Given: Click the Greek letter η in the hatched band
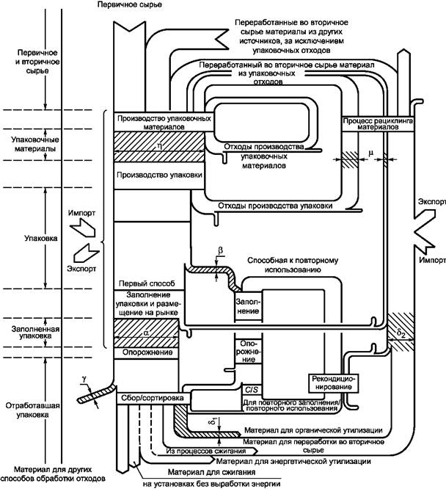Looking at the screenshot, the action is [x=160, y=145].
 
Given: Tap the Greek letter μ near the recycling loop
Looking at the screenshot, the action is [x=370, y=153].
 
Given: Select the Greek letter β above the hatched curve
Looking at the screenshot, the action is [x=221, y=250].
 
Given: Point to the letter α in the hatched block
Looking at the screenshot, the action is [x=147, y=333].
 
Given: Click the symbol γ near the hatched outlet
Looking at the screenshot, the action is [x=84, y=379].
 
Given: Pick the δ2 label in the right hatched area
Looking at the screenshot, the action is [x=401, y=333].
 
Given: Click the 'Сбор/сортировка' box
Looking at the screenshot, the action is [x=153, y=398].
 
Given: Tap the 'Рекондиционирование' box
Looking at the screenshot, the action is [x=333, y=383].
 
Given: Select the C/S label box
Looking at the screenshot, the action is [x=252, y=390].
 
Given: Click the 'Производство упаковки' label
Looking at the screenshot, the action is [x=159, y=175].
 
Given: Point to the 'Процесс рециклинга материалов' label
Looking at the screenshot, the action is [x=378, y=124].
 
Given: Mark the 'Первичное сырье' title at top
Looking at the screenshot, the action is [x=130, y=4].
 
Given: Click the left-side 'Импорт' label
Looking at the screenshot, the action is [x=81, y=214].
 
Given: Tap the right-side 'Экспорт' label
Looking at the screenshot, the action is [x=432, y=201].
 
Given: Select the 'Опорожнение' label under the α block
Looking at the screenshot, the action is [x=147, y=352].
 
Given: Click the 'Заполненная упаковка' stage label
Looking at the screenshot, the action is [x=35, y=333].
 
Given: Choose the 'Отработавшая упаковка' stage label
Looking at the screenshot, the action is [x=32, y=410].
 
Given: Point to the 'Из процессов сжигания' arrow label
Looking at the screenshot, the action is [x=206, y=451].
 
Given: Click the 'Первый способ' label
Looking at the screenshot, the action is [x=147, y=284].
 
